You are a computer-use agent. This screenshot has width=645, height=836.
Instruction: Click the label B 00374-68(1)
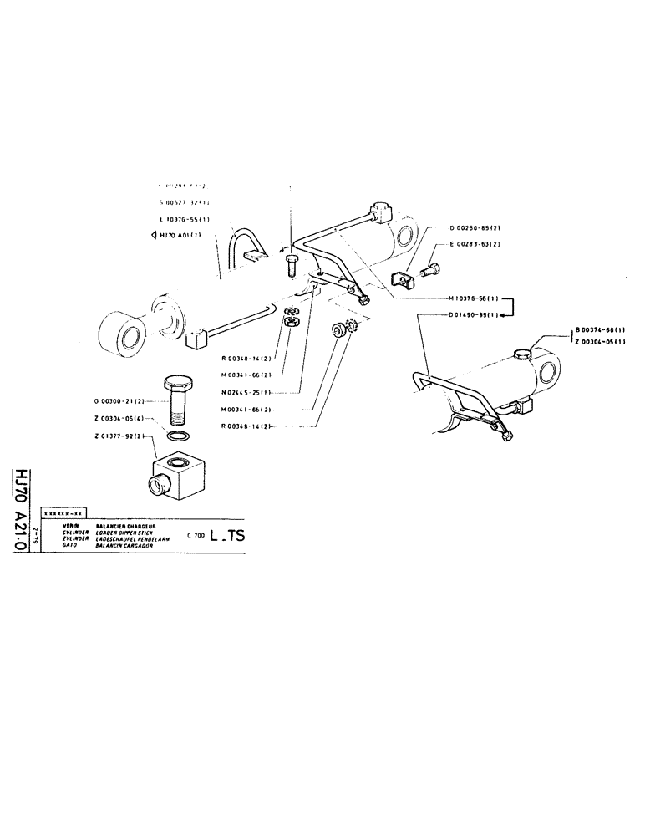tap(602, 330)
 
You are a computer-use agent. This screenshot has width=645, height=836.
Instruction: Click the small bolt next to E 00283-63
tap(433, 270)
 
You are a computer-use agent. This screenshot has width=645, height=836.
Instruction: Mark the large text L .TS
tap(226, 537)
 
